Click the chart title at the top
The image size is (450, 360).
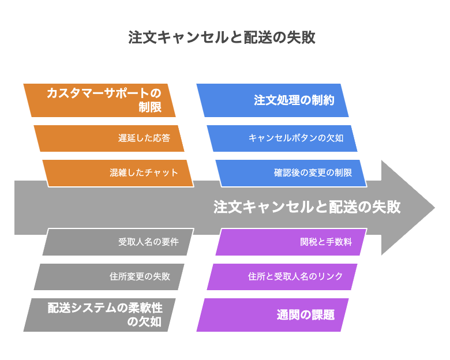pyautogui.click(x=222, y=37)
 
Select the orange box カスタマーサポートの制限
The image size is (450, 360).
pyautogui.click(x=99, y=100)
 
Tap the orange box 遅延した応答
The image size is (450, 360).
pyautogui.click(x=109, y=138)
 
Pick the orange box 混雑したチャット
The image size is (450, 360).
pyautogui.click(x=118, y=173)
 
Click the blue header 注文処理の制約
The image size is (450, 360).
pyautogui.click(x=272, y=100)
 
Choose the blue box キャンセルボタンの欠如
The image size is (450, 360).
pyautogui.click(x=282, y=138)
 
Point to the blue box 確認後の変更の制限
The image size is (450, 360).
pyautogui.click(x=291, y=173)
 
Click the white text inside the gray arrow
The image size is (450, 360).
pyautogui.click(x=307, y=207)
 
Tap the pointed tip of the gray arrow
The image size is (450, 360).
pyautogui.click(x=434, y=208)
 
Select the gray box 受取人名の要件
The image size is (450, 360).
pyautogui.click(x=118, y=242)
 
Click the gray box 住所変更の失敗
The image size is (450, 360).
pyautogui.click(x=109, y=277)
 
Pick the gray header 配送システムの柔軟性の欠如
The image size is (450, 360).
pyautogui.click(x=99, y=315)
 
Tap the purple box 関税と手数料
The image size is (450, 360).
pyautogui.click(x=291, y=242)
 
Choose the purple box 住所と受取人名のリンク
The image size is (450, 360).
pyautogui.click(x=282, y=277)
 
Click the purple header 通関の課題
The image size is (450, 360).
pyautogui.click(x=272, y=315)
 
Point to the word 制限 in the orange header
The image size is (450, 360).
pyautogui.click(x=150, y=107)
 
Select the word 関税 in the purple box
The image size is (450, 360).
pyautogui.click(x=309, y=242)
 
